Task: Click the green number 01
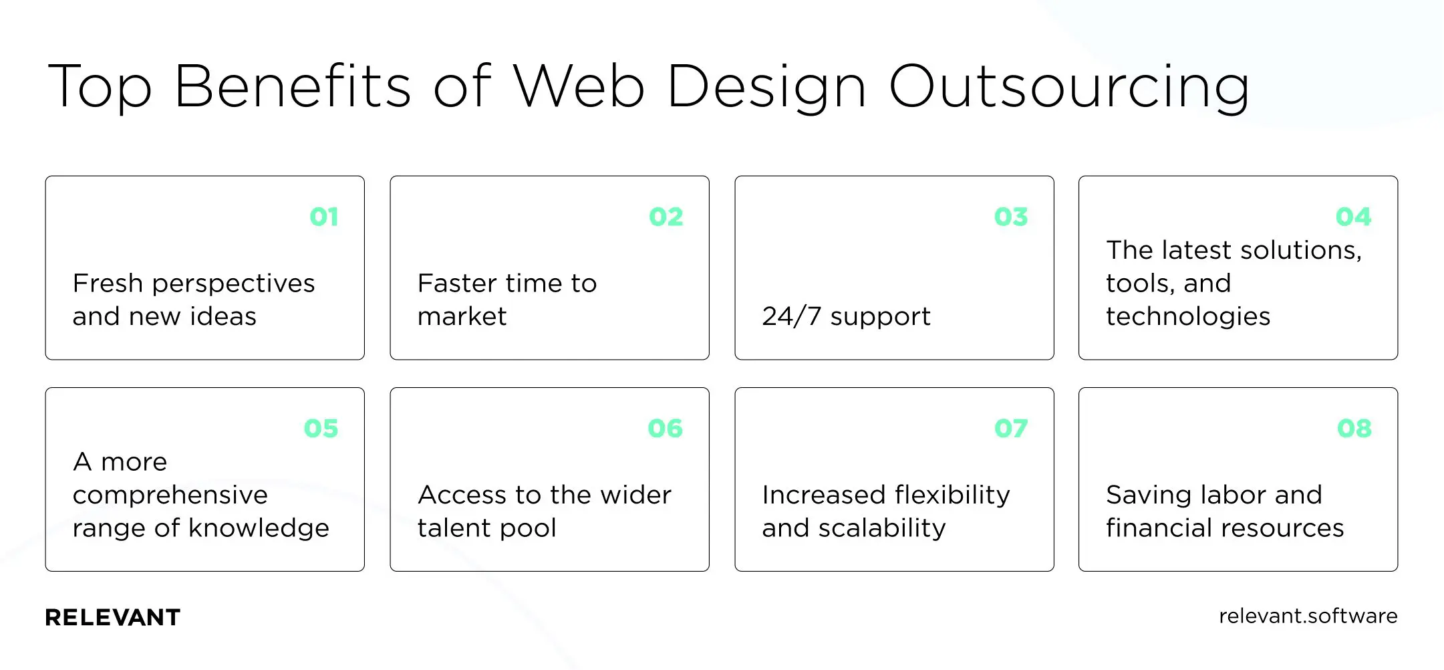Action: (x=324, y=217)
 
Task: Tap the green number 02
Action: (x=666, y=217)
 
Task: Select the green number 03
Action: (x=1011, y=217)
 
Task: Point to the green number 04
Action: (x=1354, y=217)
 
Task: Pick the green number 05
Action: (x=321, y=428)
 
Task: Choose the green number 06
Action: (x=666, y=428)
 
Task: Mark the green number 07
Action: (x=1011, y=428)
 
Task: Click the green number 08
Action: (x=1354, y=428)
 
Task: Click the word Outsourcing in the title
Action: (x=1069, y=87)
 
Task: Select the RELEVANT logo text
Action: (x=113, y=617)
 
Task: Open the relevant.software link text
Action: (x=1308, y=616)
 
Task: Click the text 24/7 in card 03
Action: (x=791, y=316)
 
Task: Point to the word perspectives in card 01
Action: (x=233, y=284)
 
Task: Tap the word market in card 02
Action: (x=462, y=316)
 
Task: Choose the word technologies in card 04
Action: (x=1188, y=317)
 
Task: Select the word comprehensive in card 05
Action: (x=170, y=495)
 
